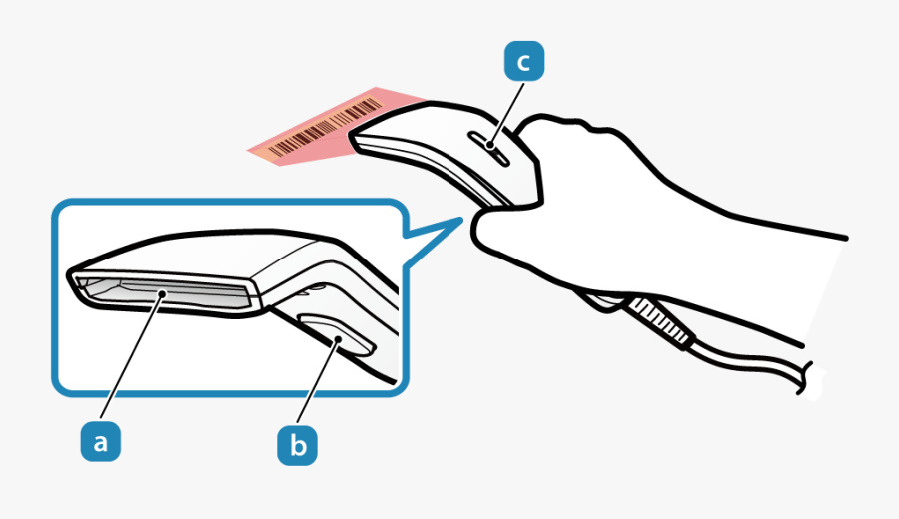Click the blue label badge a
(x=100, y=441)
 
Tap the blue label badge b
(x=297, y=445)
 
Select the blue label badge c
(x=524, y=61)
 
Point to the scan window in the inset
(x=164, y=293)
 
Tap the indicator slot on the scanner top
(x=489, y=149)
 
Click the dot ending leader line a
(x=164, y=293)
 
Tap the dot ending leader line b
(x=339, y=340)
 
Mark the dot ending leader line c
(x=490, y=145)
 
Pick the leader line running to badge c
(x=507, y=114)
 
